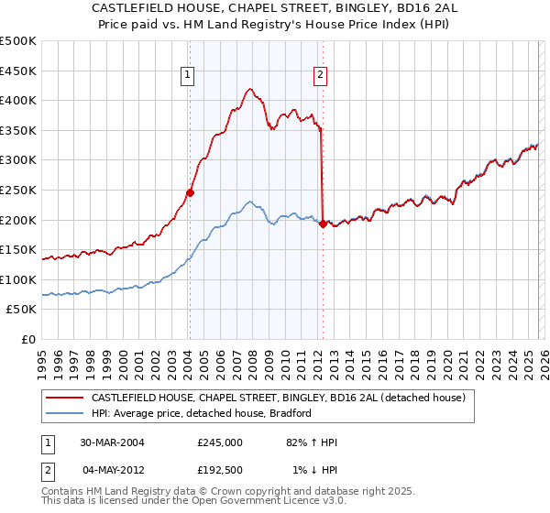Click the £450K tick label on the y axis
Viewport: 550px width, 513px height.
point(18,71)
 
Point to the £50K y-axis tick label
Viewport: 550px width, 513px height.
point(21,310)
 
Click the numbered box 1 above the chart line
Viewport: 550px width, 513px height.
point(188,76)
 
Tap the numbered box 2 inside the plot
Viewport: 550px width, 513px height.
point(321,76)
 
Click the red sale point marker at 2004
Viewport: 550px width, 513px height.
point(190,192)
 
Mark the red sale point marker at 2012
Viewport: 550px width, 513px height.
point(323,224)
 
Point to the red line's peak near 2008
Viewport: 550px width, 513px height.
point(249,89)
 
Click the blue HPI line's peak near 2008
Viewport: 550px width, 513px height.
point(249,202)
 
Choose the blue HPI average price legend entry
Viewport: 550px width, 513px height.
point(202,413)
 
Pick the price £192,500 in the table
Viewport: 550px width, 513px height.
point(219,469)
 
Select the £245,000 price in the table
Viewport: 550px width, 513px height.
point(219,442)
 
